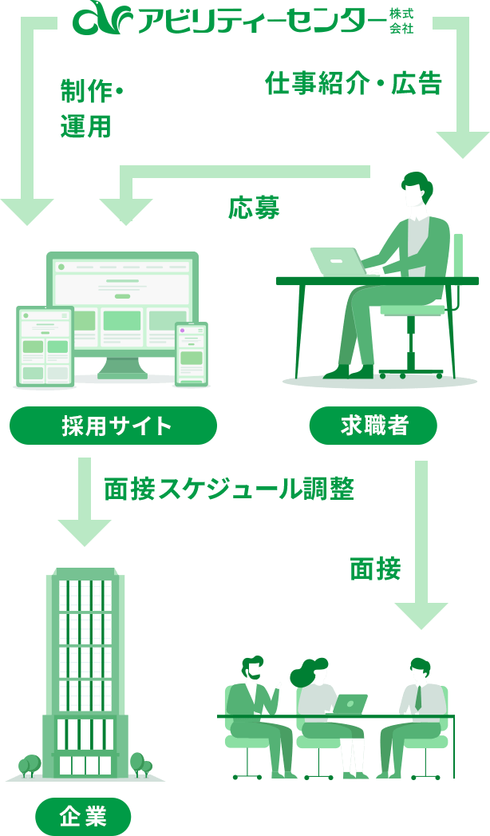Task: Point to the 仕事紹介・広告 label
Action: [x=353, y=83]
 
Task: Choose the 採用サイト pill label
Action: [x=113, y=426]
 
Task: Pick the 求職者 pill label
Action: [x=373, y=426]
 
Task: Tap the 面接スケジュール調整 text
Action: [x=229, y=489]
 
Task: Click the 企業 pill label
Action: [x=83, y=816]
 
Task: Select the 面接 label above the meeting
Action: [x=375, y=569]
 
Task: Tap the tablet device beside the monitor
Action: [x=45, y=347]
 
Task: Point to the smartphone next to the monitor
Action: [x=192, y=353]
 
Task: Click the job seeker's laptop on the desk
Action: [x=337, y=261]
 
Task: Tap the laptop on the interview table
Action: [x=350, y=704]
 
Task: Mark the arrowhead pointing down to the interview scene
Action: [x=421, y=615]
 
